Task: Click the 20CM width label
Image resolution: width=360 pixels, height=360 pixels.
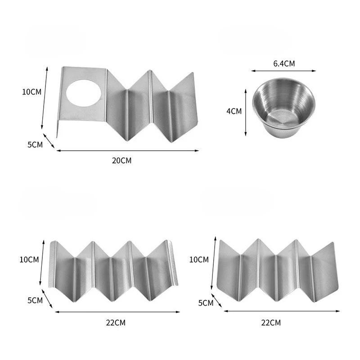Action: (x=121, y=161)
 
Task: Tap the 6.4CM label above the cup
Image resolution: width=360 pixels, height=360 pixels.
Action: (x=284, y=63)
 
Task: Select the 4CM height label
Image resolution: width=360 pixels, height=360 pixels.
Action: (x=234, y=111)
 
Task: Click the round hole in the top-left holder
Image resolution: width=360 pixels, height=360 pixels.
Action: (x=84, y=93)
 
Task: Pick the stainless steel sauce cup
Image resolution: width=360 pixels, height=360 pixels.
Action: (x=284, y=108)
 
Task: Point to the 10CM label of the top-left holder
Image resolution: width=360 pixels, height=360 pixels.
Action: (x=31, y=92)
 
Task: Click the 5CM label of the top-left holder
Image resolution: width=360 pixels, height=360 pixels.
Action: (x=35, y=145)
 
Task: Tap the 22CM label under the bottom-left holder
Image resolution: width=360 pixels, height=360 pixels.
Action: (x=116, y=323)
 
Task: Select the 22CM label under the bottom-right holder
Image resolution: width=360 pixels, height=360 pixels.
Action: (x=271, y=323)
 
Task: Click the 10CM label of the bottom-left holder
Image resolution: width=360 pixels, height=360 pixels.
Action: (x=29, y=260)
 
